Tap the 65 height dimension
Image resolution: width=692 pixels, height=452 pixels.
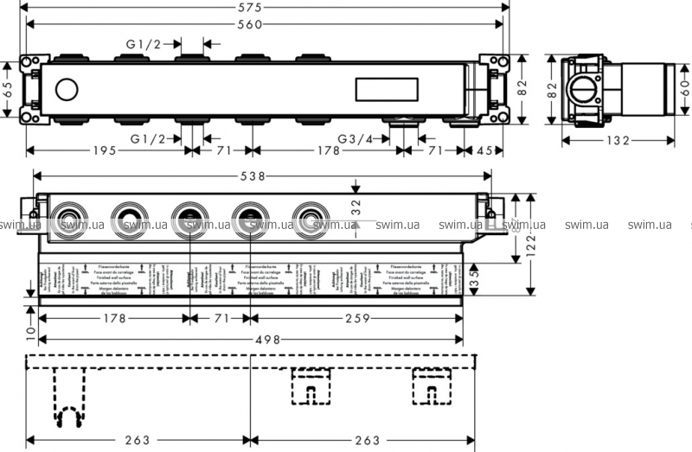7,87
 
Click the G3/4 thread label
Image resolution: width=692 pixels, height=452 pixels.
356,138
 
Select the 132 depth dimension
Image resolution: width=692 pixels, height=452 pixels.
617,141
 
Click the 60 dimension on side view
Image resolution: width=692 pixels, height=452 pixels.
683,88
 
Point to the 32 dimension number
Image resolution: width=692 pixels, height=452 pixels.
356,208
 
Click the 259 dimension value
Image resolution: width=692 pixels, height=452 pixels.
356,318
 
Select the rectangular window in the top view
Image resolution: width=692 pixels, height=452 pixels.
388,88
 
